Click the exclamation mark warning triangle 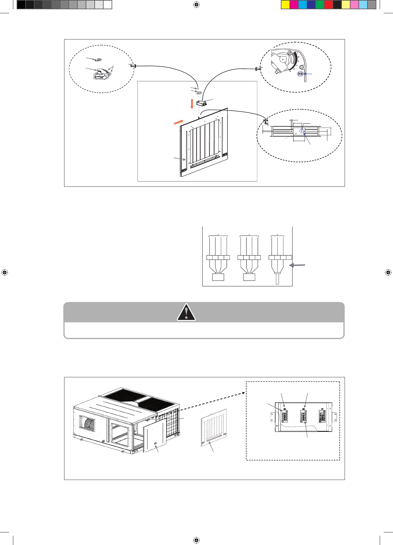(x=186, y=312)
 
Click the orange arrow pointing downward (x=192, y=104)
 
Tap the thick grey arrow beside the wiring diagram (x=297, y=265)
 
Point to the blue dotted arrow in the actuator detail (x=308, y=74)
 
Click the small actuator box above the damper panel (x=201, y=103)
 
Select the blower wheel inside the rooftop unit (x=87, y=427)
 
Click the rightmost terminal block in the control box (x=322, y=416)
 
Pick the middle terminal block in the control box (x=303, y=416)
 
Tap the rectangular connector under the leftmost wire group (x=218, y=277)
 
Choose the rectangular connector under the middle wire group (x=249, y=277)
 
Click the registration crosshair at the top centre (x=196, y=5)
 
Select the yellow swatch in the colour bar (x=285, y=5)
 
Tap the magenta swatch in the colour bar (x=294, y=5)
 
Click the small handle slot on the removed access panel (x=156, y=444)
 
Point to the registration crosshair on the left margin (x=4, y=272)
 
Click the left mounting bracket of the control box (x=272, y=417)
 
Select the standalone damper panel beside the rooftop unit (x=214, y=428)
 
